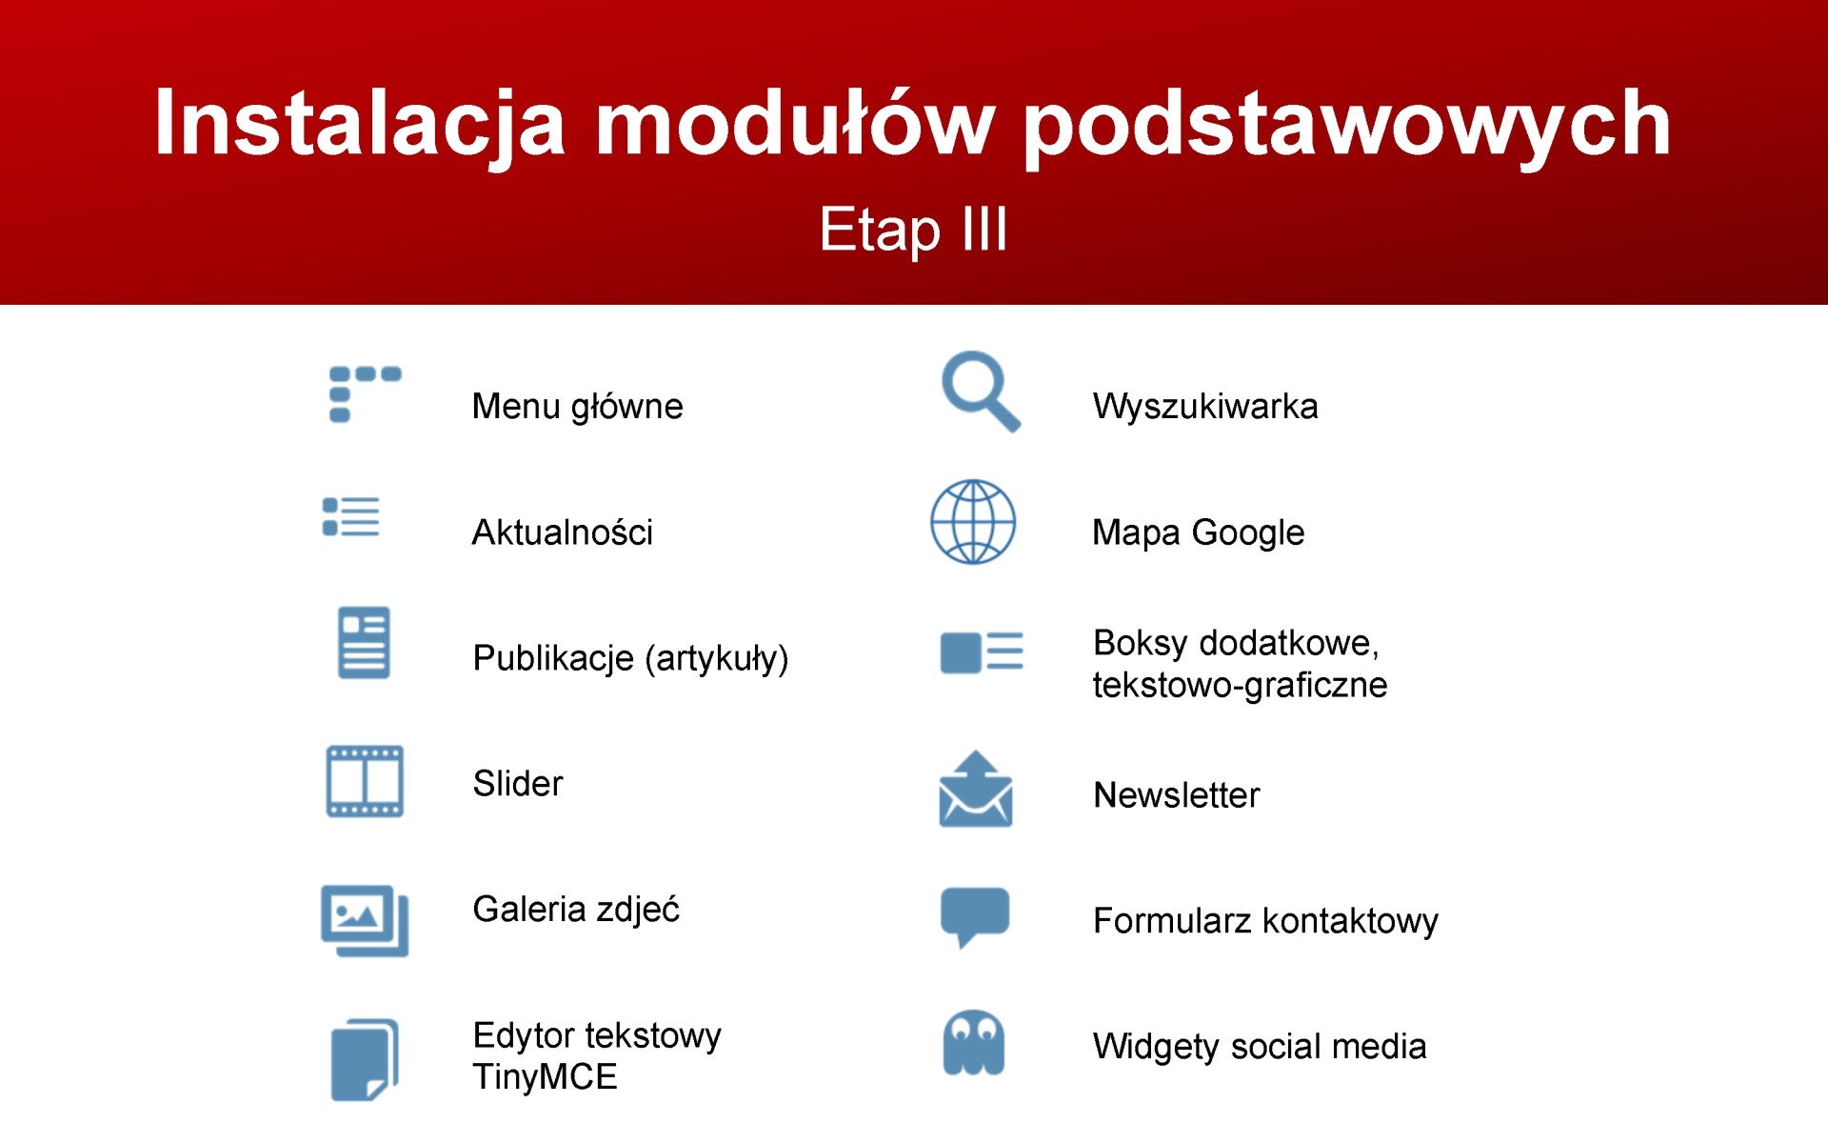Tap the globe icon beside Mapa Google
[x=973, y=522]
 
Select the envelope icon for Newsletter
[x=976, y=790]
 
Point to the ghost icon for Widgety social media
[x=973, y=1043]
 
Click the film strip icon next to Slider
[x=365, y=782]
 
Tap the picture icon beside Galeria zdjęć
[x=365, y=920]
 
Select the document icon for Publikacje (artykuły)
[x=364, y=643]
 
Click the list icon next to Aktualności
[x=351, y=516]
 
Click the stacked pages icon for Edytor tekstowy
[x=365, y=1060]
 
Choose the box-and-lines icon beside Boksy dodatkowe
[x=982, y=652]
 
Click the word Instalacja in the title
[x=360, y=126]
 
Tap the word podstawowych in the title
[x=1346, y=126]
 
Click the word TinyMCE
[x=545, y=1077]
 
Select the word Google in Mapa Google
[x=1247, y=533]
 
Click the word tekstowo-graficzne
[x=1240, y=686]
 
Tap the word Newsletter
[x=1176, y=795]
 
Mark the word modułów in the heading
[x=795, y=124]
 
